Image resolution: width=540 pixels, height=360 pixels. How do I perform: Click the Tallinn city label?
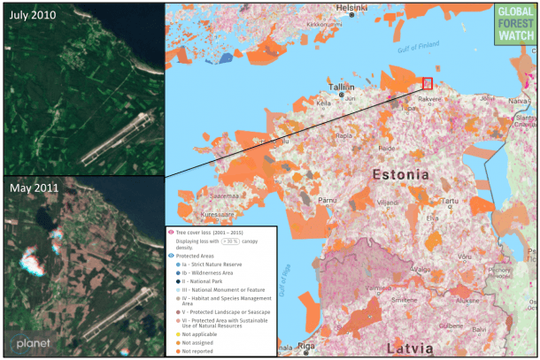click(x=342, y=88)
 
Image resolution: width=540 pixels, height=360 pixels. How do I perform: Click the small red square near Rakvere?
click(x=428, y=82)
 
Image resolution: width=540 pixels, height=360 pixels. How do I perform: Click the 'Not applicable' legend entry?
click(x=203, y=334)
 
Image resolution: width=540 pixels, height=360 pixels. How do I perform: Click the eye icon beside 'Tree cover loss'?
click(x=172, y=229)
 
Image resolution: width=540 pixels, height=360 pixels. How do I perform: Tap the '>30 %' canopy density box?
click(x=232, y=239)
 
